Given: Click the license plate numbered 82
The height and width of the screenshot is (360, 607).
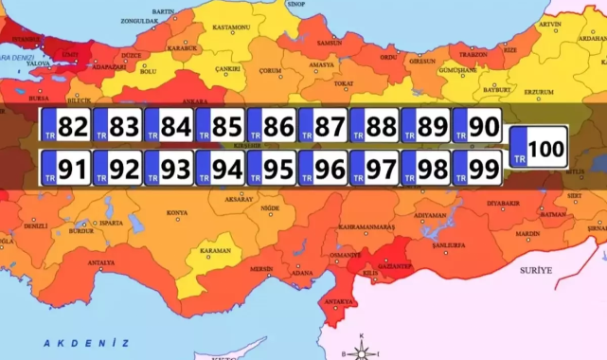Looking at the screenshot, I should [x=65, y=126].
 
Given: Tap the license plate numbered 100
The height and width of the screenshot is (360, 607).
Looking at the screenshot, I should [x=538, y=148].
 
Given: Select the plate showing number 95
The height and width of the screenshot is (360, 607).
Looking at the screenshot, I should [x=270, y=170].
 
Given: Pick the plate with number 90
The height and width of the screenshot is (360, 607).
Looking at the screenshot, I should [x=475, y=126].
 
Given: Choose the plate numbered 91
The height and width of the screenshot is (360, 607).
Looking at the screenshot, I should [x=65, y=170].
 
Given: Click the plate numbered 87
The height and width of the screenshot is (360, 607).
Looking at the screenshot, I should [x=321, y=126].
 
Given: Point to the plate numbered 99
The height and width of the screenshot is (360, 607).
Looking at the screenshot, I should [x=475, y=170].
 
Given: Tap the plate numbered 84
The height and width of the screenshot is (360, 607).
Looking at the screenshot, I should [x=168, y=126].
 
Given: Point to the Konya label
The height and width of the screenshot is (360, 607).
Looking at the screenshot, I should [x=176, y=213].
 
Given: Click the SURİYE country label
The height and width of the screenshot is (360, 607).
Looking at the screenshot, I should [x=536, y=270].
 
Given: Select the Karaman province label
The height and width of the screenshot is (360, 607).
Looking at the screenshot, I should [x=215, y=251].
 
